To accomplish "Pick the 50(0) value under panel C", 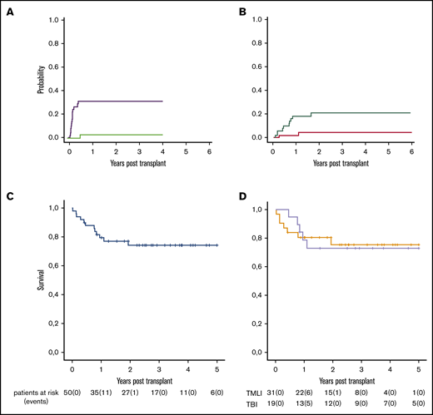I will click(72, 389).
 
